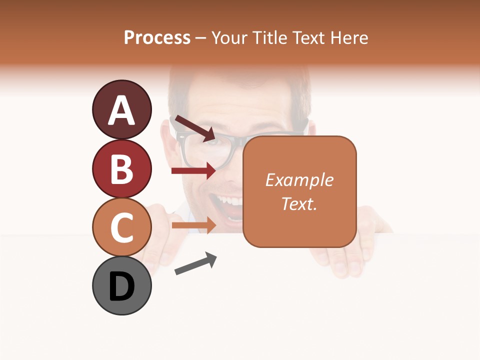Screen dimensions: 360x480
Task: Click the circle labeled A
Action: tap(121, 110)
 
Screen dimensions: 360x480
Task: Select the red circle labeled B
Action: tap(121, 168)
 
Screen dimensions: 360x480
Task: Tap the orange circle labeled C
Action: tap(121, 227)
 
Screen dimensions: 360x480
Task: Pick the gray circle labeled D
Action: tap(121, 285)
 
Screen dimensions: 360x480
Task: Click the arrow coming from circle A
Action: tap(194, 128)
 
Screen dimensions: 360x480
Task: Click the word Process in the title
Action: tap(157, 38)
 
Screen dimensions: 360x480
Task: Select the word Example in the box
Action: tap(299, 180)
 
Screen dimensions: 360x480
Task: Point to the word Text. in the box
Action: tap(299, 203)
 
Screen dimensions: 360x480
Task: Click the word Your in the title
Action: tap(230, 38)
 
